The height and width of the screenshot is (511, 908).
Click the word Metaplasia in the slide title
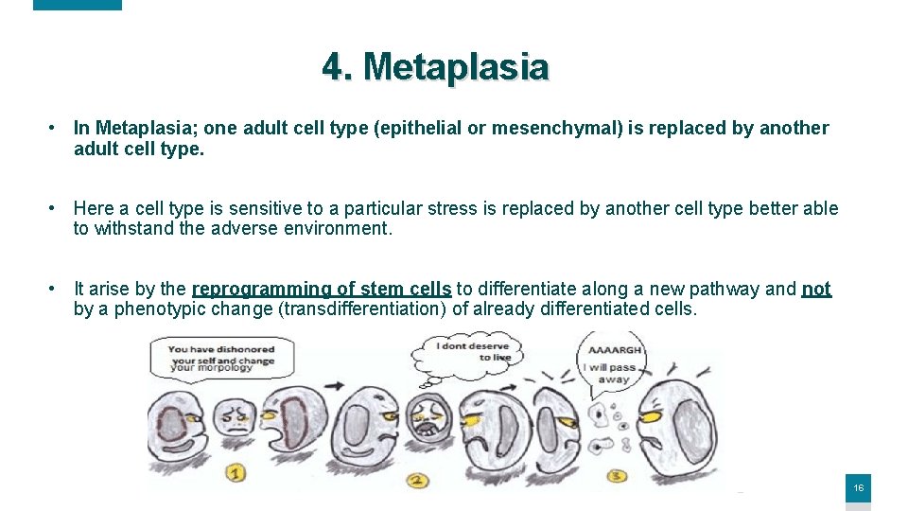tap(456, 67)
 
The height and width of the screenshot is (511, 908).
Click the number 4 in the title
tap(332, 67)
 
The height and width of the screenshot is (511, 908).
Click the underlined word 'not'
tap(816, 289)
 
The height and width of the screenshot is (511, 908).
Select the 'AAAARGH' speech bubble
tap(615, 363)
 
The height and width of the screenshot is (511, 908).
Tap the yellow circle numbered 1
tap(236, 471)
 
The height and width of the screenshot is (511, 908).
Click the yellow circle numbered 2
tap(417, 481)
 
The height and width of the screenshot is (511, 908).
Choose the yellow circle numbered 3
tap(618, 475)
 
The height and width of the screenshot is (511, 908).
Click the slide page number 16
tap(858, 488)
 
